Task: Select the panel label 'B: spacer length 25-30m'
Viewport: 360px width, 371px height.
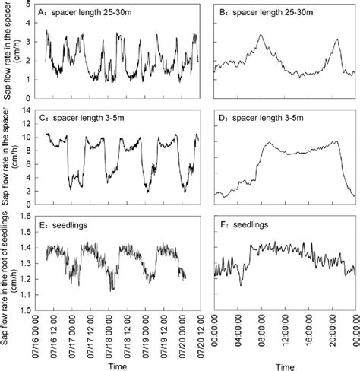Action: pyautogui.click(x=264, y=12)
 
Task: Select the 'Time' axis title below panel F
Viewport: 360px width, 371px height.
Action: pyautogui.click(x=284, y=365)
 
